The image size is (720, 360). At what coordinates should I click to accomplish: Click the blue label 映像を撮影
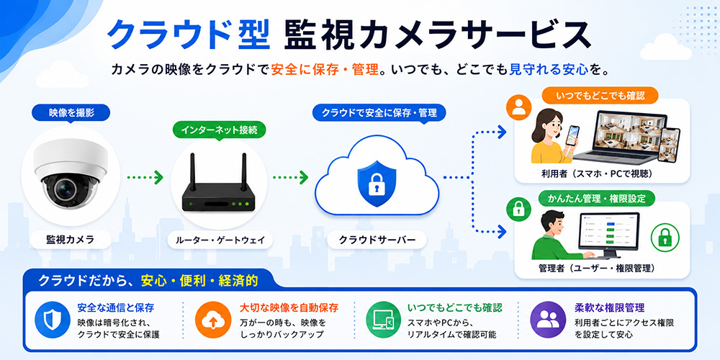pyautogui.click(x=71, y=112)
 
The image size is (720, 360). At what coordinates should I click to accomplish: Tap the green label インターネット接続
pyautogui.click(x=219, y=130)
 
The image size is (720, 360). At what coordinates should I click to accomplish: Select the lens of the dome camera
pyautogui.click(x=64, y=187)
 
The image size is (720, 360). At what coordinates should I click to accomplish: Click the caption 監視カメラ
pyautogui.click(x=71, y=239)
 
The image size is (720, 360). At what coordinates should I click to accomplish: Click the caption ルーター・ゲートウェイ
pyautogui.click(x=216, y=240)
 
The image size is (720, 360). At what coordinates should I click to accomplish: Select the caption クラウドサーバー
pyautogui.click(x=377, y=240)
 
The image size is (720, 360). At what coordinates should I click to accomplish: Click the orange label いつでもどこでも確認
pyautogui.click(x=600, y=96)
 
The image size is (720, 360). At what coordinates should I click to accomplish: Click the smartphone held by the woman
pyautogui.click(x=572, y=136)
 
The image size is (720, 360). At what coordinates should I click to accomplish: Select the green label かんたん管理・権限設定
pyautogui.click(x=597, y=199)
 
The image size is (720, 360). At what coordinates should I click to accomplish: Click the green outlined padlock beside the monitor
pyautogui.click(x=665, y=238)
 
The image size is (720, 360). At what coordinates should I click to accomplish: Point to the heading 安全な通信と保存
pyautogui.click(x=115, y=307)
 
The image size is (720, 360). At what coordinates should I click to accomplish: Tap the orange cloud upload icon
pyautogui.click(x=212, y=320)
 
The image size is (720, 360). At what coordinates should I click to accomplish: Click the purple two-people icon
pyautogui.click(x=547, y=320)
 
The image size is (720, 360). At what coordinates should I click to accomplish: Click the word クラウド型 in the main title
pyautogui.click(x=188, y=35)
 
